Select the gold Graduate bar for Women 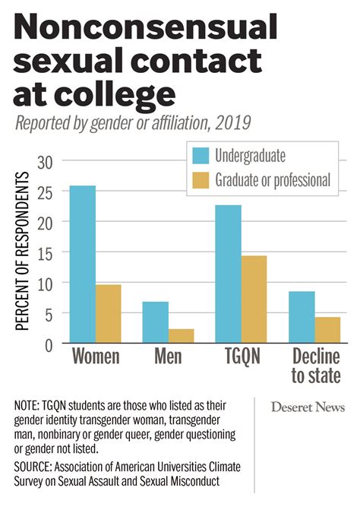coord(108,314)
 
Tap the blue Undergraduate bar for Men coord(156,322)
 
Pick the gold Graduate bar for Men coord(181,336)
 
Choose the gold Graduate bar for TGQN coord(254,299)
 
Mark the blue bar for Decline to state coord(302,318)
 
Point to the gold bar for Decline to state coord(327,330)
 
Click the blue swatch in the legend coord(201,156)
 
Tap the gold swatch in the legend coord(201,180)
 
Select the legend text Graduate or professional coord(272,180)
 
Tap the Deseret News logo coord(307,407)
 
